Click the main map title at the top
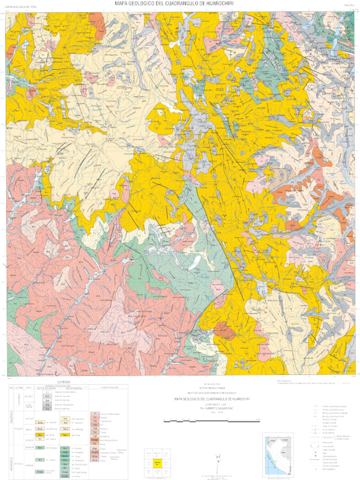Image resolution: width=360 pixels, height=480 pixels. coord(174,4)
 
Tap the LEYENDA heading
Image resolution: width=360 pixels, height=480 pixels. coord(63,382)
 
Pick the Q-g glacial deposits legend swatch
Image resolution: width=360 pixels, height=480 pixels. coord(48,409)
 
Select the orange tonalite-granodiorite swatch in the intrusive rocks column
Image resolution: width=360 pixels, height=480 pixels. coord(95,439)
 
